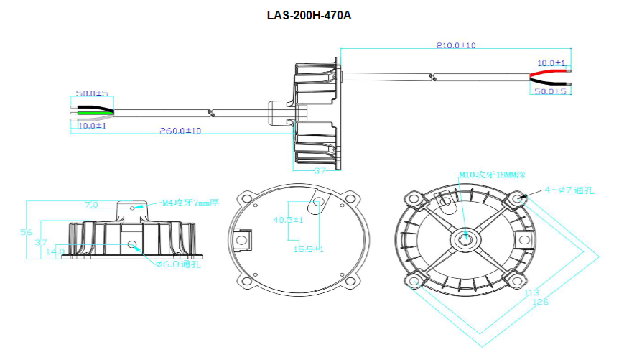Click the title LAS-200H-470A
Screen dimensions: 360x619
tap(309, 15)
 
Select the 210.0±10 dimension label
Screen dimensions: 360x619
tap(456, 45)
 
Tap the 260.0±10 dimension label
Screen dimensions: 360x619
tap(180, 131)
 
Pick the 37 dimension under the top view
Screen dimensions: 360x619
tap(320, 170)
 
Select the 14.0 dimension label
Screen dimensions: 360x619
tap(55, 251)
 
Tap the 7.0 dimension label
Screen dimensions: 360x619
tap(91, 205)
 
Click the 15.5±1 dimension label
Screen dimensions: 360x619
tap(309, 249)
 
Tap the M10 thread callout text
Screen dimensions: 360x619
tap(493, 175)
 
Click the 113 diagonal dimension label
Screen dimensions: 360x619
tap(532, 293)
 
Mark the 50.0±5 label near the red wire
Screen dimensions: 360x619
tap(551, 92)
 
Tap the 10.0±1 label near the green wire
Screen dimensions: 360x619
tap(92, 126)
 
